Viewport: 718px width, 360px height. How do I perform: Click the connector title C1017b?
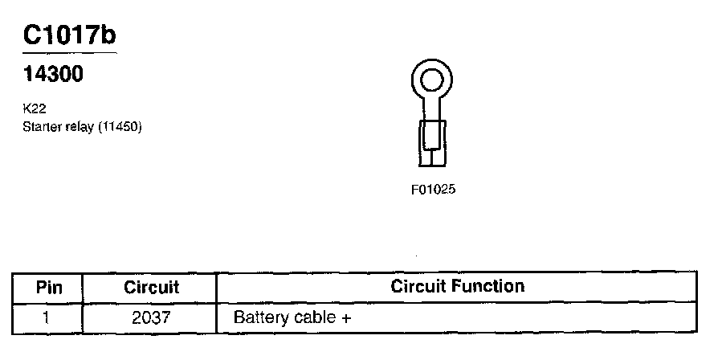(71, 35)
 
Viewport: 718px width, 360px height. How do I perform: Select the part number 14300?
(54, 75)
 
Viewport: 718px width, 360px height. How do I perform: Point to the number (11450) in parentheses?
(120, 127)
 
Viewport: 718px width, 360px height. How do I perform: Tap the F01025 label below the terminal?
(434, 190)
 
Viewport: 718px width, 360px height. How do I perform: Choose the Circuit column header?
(151, 287)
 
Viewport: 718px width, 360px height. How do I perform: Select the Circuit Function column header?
(457, 286)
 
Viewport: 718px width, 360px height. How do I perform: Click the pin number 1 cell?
(47, 317)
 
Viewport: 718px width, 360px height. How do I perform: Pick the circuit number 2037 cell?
(151, 317)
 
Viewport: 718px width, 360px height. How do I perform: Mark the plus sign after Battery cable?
(346, 317)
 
